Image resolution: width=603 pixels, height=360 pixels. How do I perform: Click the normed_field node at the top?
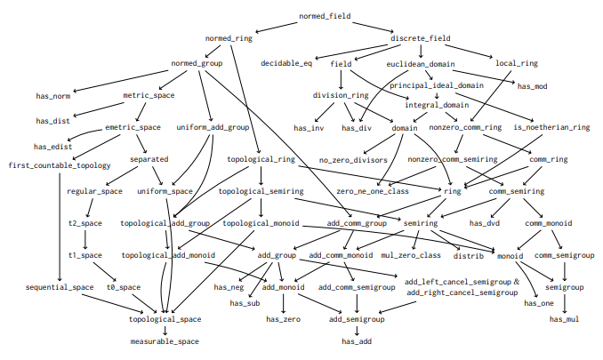pos(325,16)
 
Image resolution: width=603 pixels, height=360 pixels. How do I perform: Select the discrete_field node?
pos(421,38)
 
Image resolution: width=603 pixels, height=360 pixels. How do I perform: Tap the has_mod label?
pos(532,86)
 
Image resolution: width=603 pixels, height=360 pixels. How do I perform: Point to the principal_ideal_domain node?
pos(437,85)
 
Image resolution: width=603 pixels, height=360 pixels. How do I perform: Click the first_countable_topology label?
pos(60,165)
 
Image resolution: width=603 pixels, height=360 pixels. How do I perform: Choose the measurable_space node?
pos(165,341)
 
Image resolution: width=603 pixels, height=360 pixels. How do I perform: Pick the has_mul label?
pos(564,319)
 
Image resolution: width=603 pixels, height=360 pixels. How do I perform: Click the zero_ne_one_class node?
pos(373,191)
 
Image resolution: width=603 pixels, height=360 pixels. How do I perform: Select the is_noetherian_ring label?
pos(551,127)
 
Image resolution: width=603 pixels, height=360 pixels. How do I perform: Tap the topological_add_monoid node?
pos(168,255)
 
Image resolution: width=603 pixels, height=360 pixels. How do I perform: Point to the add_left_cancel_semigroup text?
pos(458,282)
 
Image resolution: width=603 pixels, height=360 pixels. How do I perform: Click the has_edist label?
pos(52,147)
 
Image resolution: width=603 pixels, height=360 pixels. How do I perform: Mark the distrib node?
pos(469,256)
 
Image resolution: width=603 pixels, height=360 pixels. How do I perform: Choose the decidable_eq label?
pos(286,63)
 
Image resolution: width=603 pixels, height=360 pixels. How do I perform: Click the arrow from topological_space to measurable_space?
pos(165,330)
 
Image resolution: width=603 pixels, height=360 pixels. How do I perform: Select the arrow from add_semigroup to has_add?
pos(357,330)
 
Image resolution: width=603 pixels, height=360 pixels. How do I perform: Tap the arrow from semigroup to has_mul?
pos(564,303)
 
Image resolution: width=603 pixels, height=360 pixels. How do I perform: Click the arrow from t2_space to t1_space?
pos(85,239)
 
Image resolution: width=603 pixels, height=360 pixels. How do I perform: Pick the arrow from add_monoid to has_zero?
pos(284,303)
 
